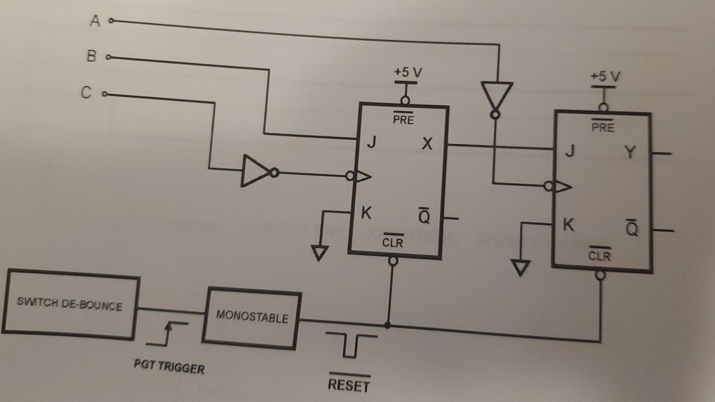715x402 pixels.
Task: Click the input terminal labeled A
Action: (x=111, y=21)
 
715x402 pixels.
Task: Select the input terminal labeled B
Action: (x=108, y=57)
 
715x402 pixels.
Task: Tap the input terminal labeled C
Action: (x=104, y=94)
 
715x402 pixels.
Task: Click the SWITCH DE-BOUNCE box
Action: (x=70, y=304)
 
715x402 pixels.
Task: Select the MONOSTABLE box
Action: (x=252, y=317)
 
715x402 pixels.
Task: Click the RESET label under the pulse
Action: (x=349, y=384)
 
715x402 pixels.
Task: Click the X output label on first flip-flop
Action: (x=427, y=143)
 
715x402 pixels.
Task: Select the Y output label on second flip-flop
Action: (x=630, y=152)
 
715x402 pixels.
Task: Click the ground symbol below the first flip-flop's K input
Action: (x=320, y=252)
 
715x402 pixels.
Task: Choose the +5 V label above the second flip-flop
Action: (x=605, y=76)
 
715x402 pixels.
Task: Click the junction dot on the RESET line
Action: (x=388, y=326)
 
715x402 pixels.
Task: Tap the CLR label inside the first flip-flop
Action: (x=393, y=243)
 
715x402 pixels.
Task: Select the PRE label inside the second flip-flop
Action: (x=602, y=127)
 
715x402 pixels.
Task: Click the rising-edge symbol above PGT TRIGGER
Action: (x=167, y=333)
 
